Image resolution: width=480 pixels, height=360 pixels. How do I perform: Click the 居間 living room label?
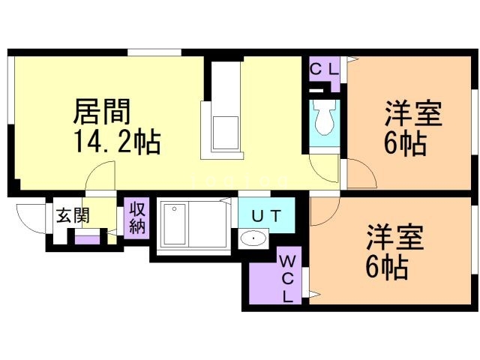(102, 112)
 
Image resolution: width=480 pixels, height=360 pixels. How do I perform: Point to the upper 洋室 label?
(413, 114)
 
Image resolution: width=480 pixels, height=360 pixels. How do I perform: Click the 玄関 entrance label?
(72, 216)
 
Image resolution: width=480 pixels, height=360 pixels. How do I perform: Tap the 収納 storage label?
(136, 218)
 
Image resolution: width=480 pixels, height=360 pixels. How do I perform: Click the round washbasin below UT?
(254, 240)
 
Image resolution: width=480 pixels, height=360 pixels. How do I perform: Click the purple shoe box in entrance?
(87, 240)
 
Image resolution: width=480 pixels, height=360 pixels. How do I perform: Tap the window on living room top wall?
(154, 52)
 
